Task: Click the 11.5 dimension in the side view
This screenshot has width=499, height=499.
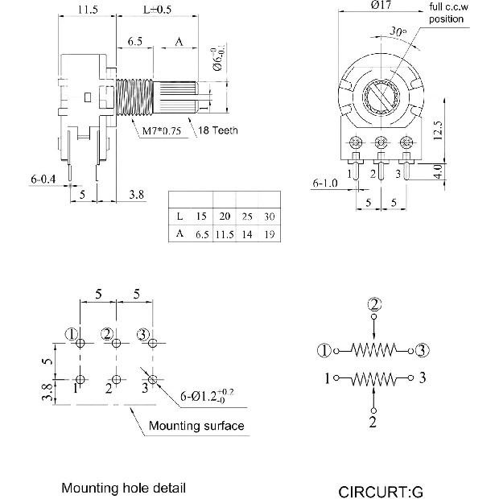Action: click(88, 10)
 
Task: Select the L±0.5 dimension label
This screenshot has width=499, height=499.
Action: click(158, 10)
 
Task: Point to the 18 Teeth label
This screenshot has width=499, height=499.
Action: click(218, 130)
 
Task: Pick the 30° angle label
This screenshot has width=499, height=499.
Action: click(397, 32)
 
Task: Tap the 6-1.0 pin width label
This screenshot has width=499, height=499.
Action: click(326, 184)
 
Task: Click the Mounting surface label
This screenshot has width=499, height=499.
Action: click(196, 425)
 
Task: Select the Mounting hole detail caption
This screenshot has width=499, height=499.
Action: click(124, 488)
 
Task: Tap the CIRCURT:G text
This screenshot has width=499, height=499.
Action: click(380, 491)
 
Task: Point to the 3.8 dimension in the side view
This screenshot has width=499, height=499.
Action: click(137, 194)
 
